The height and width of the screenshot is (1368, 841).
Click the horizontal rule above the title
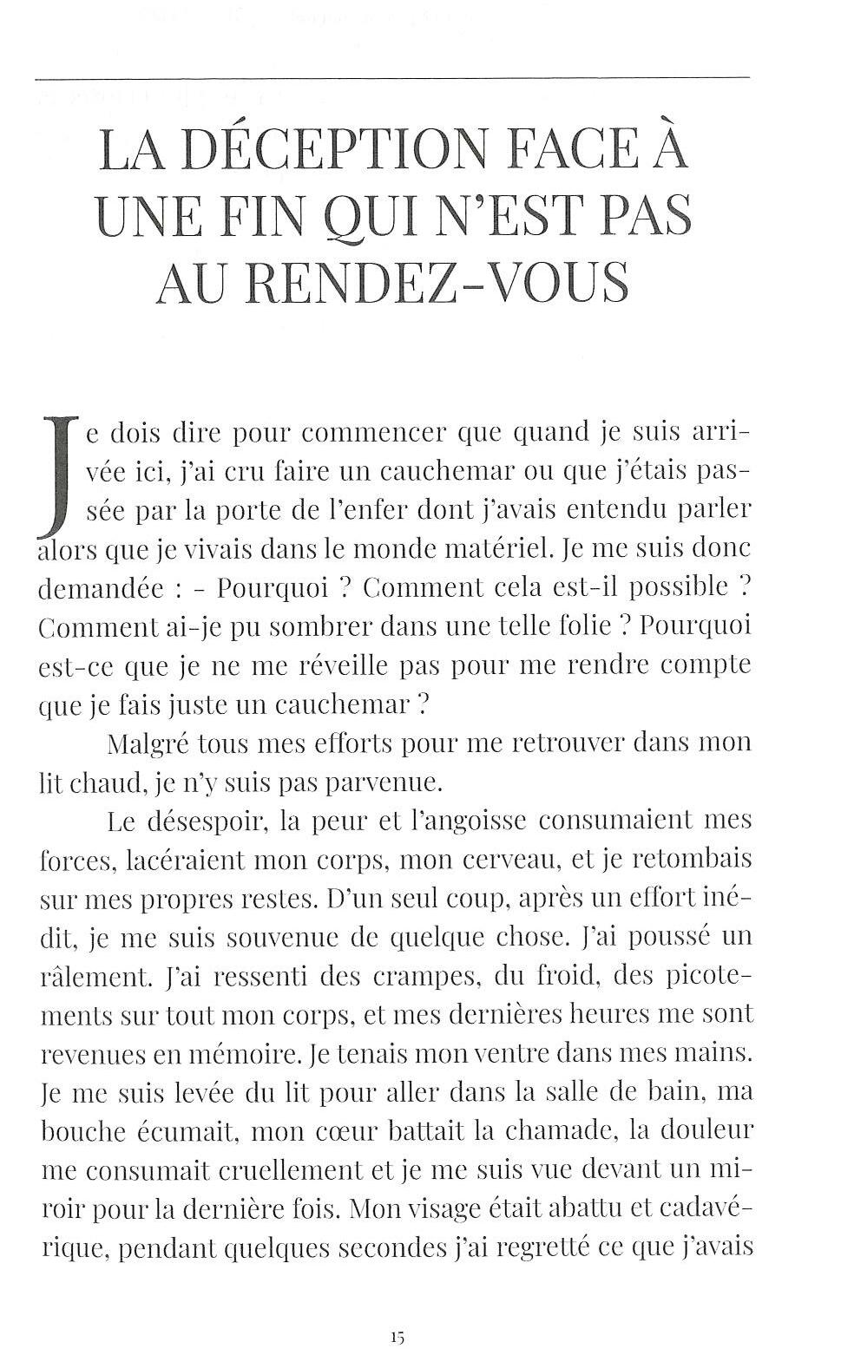point(391,78)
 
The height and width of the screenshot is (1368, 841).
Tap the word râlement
point(95,977)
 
